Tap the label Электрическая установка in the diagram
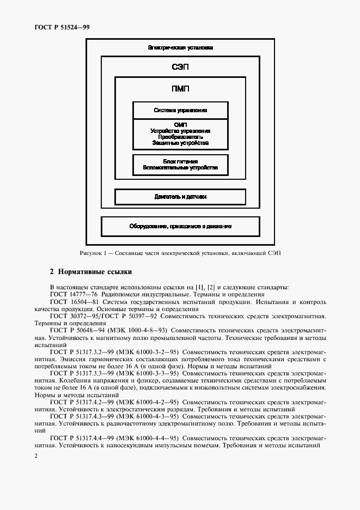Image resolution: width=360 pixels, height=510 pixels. point(180,48)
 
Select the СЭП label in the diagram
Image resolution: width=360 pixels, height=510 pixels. point(180,67)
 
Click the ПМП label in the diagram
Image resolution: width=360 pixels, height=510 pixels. point(180,89)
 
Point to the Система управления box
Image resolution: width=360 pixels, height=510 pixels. point(180,110)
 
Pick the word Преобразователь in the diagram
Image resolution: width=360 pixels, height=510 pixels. point(180,137)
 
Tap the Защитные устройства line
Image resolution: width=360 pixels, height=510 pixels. point(180,143)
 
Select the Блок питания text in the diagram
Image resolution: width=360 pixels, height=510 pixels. point(180,162)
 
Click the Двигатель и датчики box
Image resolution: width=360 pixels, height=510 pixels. point(180,197)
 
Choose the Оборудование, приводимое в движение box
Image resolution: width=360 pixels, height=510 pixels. point(180,226)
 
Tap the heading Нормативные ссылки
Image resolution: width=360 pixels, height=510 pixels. point(95,271)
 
